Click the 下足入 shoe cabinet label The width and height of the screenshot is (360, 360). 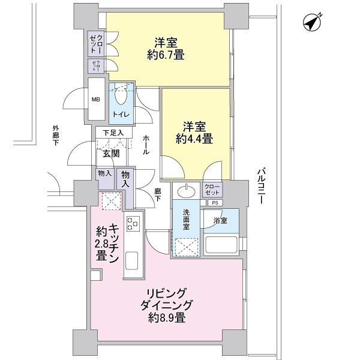click(x=112, y=133)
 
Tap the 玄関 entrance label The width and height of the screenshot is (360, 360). click(x=110, y=154)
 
